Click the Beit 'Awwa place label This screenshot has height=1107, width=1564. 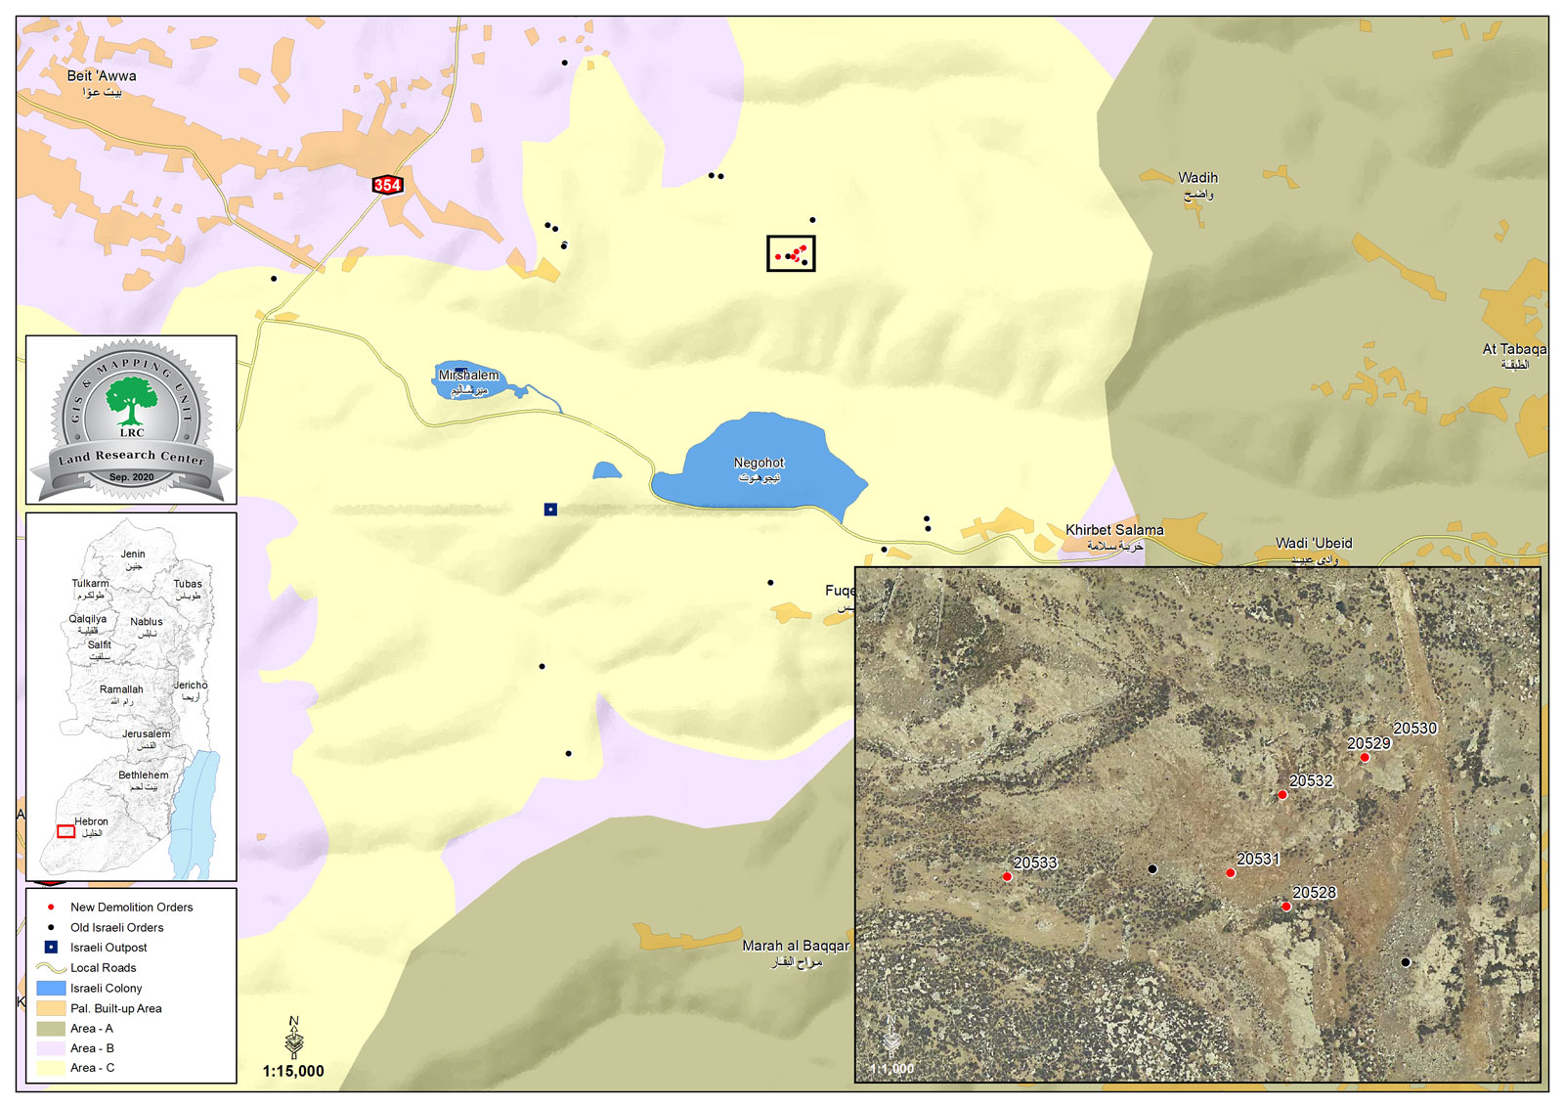tap(102, 76)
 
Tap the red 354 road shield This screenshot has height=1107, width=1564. tap(387, 185)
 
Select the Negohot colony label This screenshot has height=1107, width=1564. tap(760, 464)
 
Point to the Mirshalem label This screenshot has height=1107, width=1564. tap(468, 376)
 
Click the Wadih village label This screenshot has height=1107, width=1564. tap(1197, 178)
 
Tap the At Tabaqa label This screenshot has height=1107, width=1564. tap(1514, 349)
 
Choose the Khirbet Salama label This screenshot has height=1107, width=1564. tap(1114, 530)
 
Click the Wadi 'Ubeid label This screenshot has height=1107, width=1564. tap(1314, 544)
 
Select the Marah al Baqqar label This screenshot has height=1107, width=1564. tap(796, 947)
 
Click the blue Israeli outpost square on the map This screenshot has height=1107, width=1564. tap(550, 509)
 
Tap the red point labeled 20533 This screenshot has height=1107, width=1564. tap(1007, 877)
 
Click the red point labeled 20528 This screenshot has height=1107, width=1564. tap(1286, 907)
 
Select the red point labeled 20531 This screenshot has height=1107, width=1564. tap(1231, 872)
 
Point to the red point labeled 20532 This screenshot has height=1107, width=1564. tap(1282, 795)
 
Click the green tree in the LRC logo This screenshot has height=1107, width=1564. tap(131, 401)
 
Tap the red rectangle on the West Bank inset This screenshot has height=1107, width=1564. tap(65, 831)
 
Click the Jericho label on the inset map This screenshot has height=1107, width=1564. tap(191, 686)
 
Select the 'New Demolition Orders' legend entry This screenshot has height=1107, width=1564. tap(131, 908)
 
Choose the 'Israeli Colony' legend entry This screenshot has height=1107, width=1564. tap(106, 989)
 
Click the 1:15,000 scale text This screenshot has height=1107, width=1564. tap(293, 1072)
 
